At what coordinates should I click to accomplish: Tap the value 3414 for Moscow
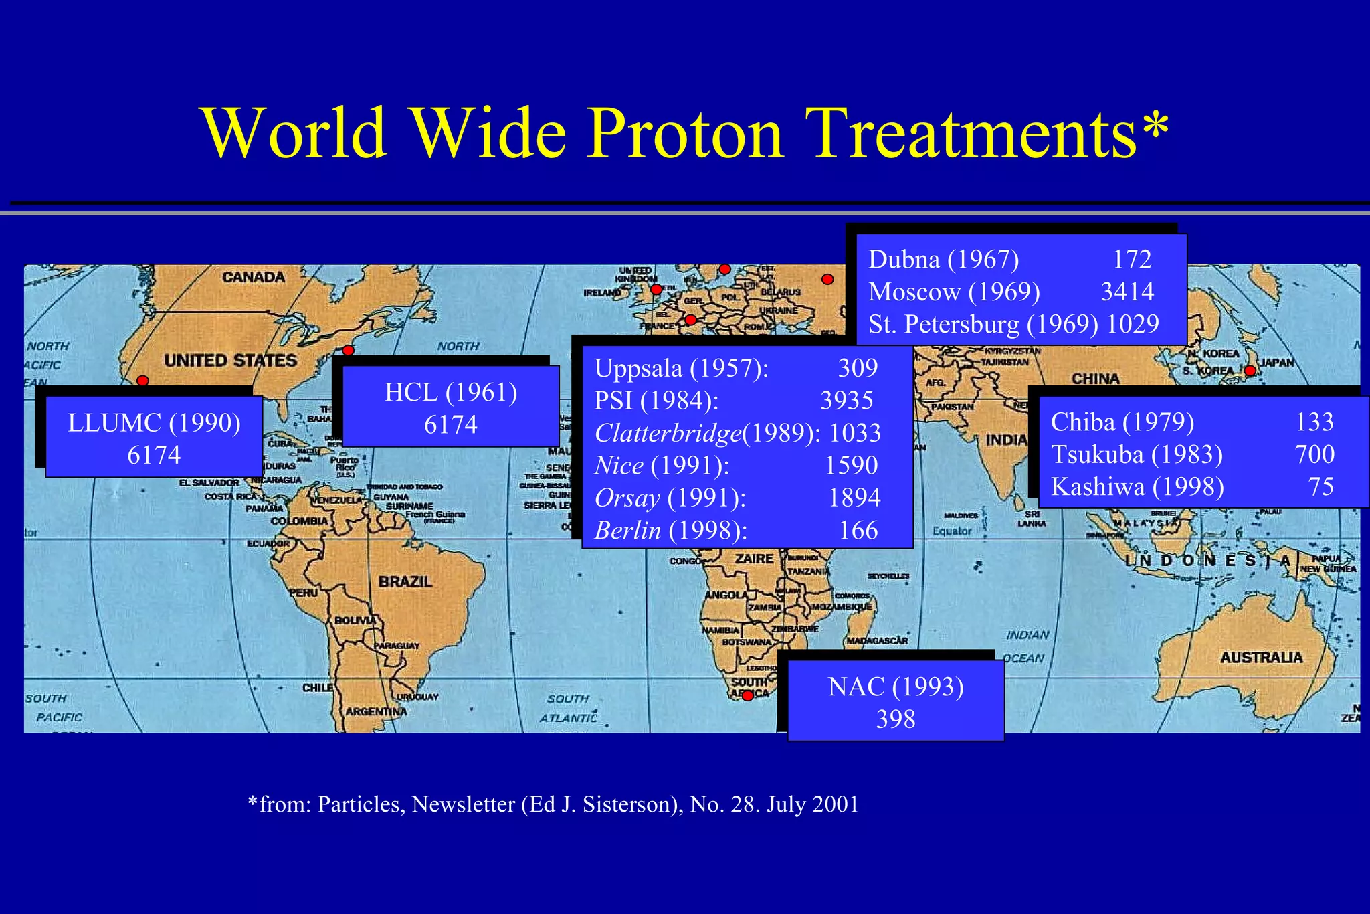tap(1127, 292)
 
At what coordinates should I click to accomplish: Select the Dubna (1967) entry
tap(943, 259)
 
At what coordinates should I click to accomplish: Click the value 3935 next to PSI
tap(847, 400)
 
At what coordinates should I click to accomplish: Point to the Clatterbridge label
tap(667, 433)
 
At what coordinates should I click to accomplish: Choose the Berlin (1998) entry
tap(670, 531)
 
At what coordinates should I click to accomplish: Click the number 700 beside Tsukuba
tap(1314, 454)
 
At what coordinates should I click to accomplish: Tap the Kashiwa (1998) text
tap(1137, 486)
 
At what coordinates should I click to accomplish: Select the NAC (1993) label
tap(895, 687)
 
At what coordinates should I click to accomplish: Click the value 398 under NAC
tap(895, 719)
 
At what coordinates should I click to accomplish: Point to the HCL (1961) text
tap(451, 393)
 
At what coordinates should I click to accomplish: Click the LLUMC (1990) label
tap(154, 423)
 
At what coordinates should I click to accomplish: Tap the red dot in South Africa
tap(748, 696)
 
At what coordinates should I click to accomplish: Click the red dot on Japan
tap(1250, 371)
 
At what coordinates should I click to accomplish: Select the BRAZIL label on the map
tap(405, 581)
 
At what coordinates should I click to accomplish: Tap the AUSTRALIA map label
tap(1261, 658)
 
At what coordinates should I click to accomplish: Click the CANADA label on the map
tap(253, 277)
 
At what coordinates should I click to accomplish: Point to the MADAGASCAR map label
tap(877, 641)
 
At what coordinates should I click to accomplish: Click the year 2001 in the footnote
tap(836, 804)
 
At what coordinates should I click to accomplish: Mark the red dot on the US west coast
tap(142, 381)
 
